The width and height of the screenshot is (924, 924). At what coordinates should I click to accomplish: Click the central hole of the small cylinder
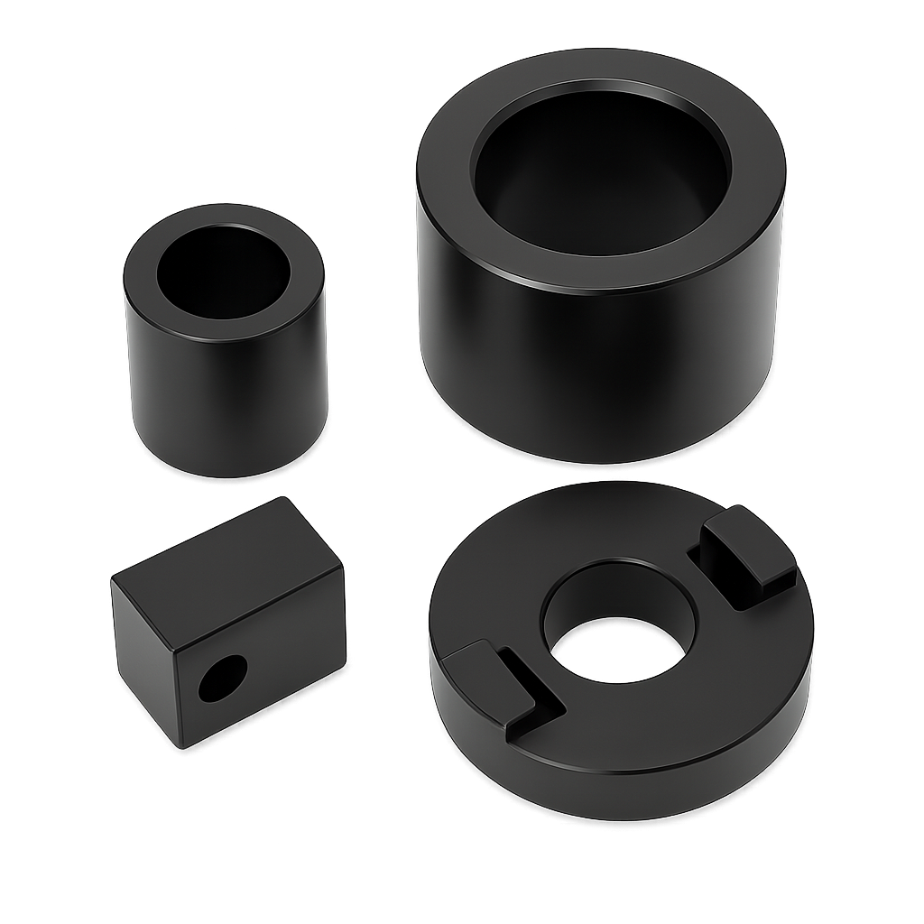click(223, 272)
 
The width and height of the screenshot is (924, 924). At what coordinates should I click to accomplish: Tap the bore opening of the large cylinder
click(601, 171)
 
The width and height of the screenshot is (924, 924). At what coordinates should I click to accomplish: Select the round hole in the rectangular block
click(222, 679)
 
